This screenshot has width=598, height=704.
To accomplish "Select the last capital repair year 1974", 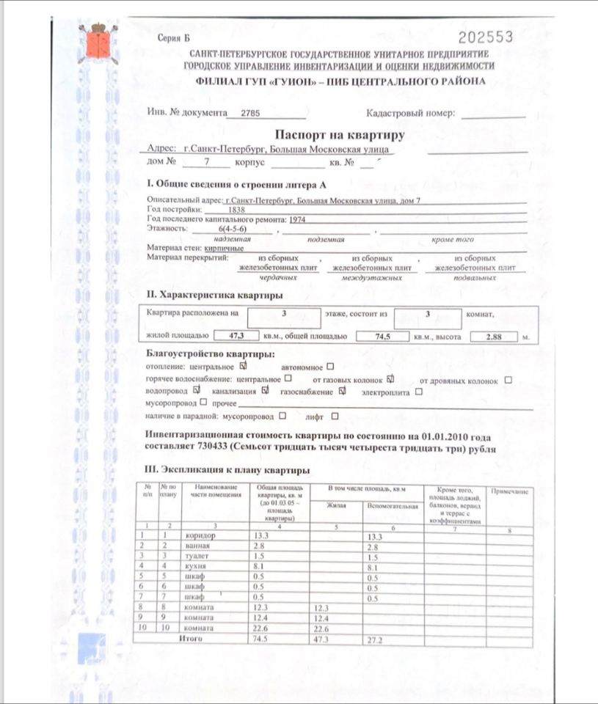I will click(297, 219).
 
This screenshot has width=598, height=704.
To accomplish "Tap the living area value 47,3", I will click(236, 337).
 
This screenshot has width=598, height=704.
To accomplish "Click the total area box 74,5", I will click(381, 337).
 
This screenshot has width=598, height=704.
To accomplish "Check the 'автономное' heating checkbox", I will click(330, 365).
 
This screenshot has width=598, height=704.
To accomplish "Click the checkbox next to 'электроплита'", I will click(419, 392).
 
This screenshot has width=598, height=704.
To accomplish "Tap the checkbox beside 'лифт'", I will click(335, 417).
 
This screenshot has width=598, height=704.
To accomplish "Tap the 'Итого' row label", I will click(190, 639).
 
